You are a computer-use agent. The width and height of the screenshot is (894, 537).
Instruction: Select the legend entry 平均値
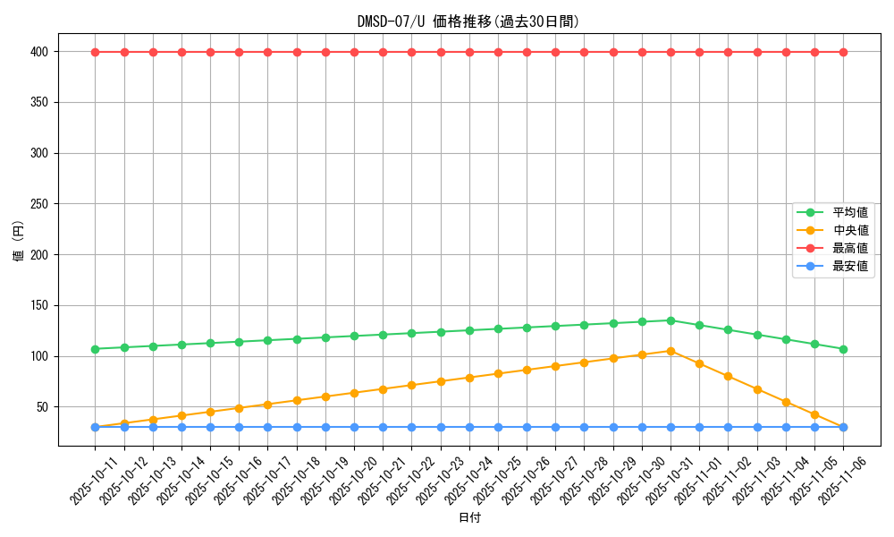pos(850,213)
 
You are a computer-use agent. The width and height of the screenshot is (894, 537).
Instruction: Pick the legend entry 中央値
pos(850,231)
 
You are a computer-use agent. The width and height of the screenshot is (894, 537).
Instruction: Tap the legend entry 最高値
pos(850,249)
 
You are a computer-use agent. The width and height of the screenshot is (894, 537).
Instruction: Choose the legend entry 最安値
pos(850,267)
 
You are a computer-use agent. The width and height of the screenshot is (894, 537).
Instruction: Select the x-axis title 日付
pos(469,518)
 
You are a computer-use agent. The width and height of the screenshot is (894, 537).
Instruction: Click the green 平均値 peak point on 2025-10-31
pos(670,320)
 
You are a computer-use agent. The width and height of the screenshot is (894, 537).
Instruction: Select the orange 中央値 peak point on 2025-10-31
pos(670,351)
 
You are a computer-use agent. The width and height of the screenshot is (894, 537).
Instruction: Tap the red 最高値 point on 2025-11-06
pos(843,52)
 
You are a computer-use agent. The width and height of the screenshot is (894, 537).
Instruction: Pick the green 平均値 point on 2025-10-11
pos(96,349)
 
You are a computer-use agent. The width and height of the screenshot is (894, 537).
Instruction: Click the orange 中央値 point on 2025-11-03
pos(757,389)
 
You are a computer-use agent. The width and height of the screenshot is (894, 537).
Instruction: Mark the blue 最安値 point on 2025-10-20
pos(354,427)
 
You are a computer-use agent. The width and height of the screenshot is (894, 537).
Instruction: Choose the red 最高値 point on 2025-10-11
pos(96,52)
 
